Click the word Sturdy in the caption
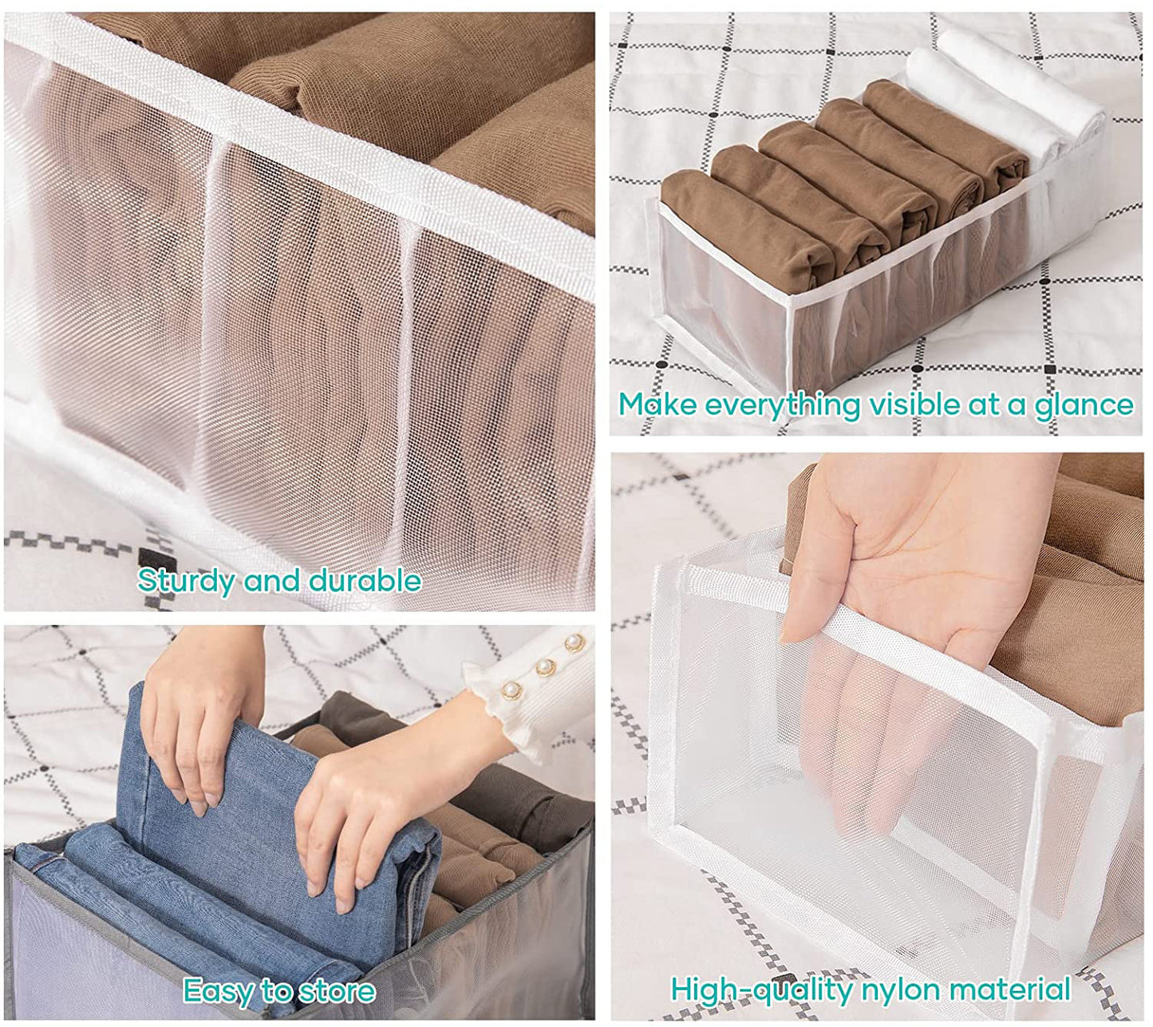coord(186,582)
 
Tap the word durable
coord(365,580)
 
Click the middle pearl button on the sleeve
coord(545,666)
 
